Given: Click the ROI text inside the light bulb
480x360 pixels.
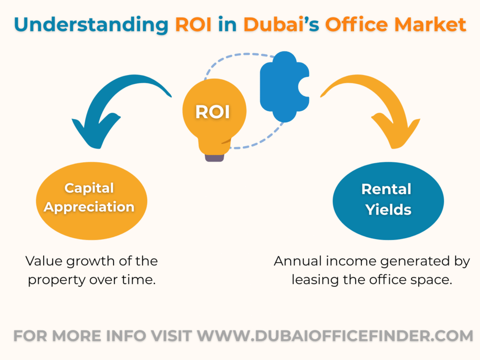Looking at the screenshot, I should click(x=212, y=112).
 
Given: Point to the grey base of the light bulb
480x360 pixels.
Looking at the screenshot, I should click(x=214, y=157).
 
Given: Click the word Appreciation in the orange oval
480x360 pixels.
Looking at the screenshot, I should click(x=89, y=207).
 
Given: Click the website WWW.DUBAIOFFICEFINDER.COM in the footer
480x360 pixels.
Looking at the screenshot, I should click(x=335, y=336).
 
